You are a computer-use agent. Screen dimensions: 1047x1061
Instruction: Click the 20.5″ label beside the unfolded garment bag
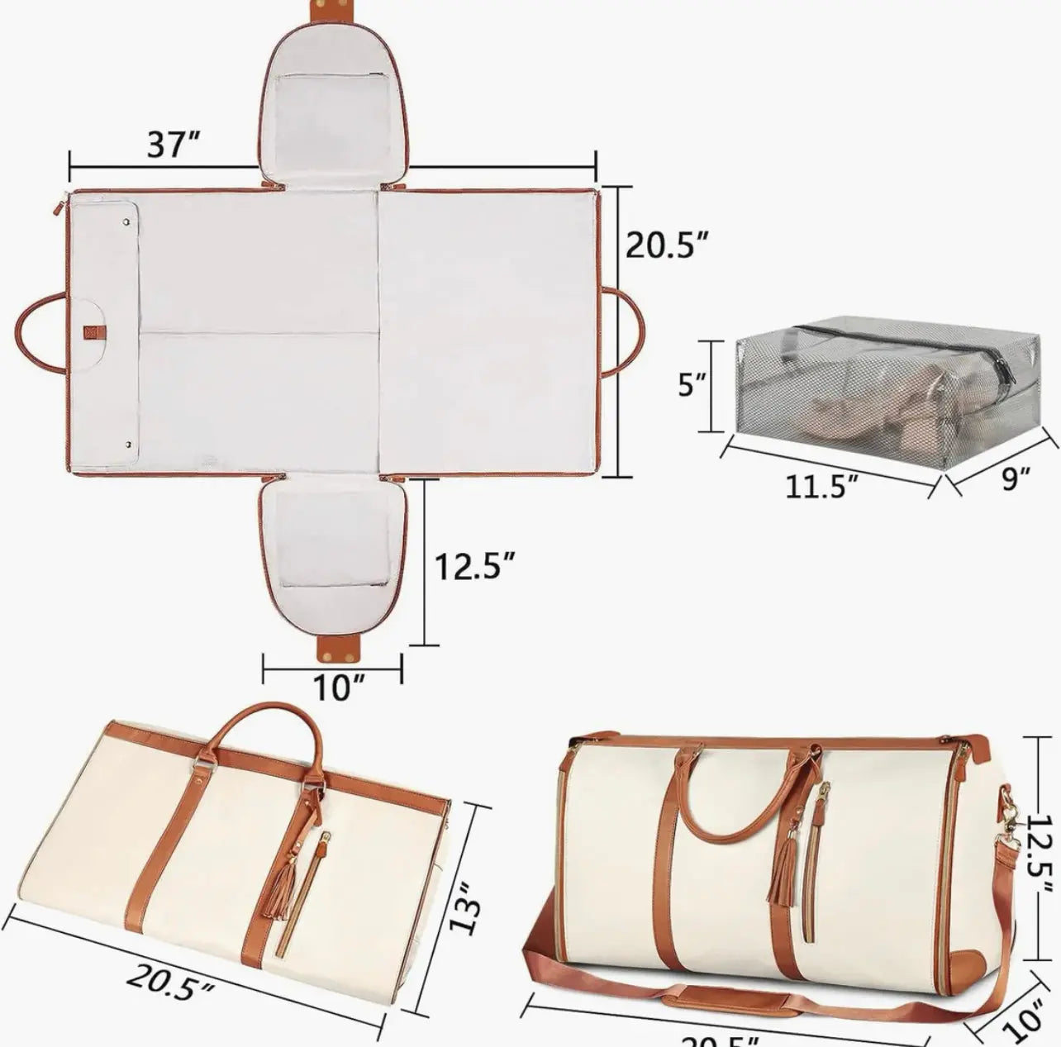click(x=667, y=245)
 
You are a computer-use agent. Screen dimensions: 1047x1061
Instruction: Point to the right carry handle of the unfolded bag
click(x=626, y=331)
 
